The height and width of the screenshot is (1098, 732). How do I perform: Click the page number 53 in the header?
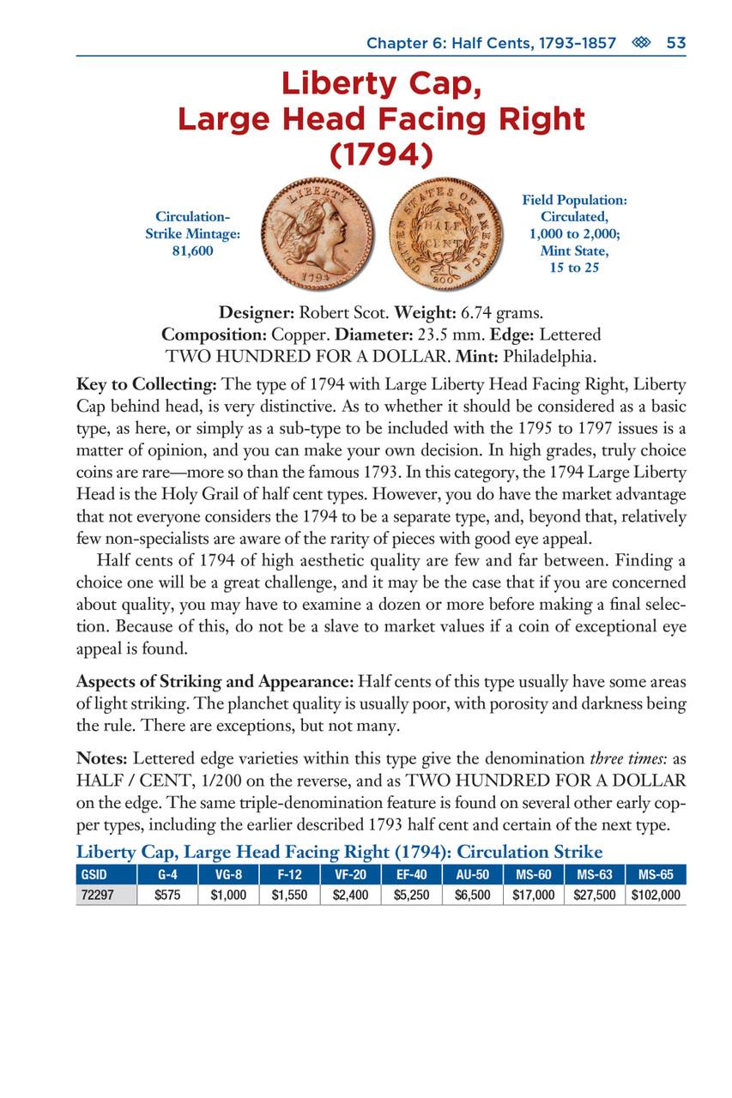click(x=676, y=43)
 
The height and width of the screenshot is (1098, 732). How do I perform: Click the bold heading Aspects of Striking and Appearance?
click(x=214, y=682)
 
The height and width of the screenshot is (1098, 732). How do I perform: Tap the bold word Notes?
click(x=102, y=758)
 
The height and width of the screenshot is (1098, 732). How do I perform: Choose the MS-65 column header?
click(x=656, y=876)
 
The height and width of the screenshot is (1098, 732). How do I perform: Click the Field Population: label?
click(x=574, y=200)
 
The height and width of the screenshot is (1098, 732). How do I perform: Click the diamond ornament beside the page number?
click(x=641, y=43)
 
